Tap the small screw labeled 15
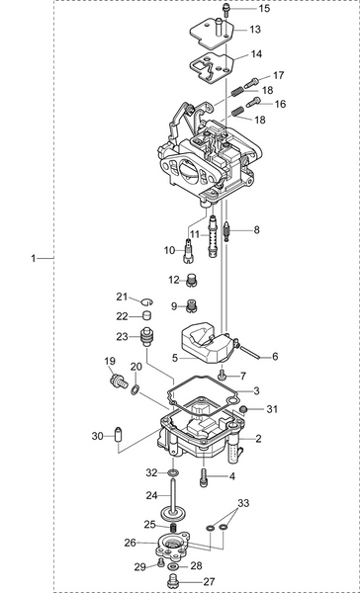[x=226, y=9]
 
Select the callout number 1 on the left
[x=34, y=258]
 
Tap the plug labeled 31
[x=243, y=408]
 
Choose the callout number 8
[x=256, y=229]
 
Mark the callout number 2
[x=258, y=438]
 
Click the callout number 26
[x=131, y=542]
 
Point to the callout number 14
[x=255, y=53]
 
